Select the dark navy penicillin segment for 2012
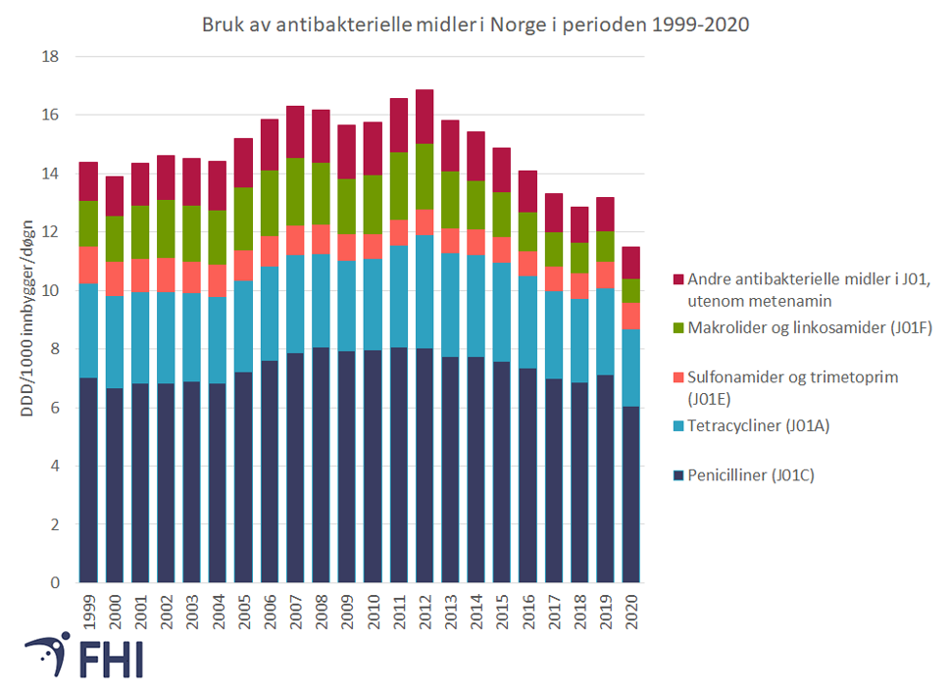[425, 466]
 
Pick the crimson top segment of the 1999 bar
[88, 181]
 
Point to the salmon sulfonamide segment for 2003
[191, 277]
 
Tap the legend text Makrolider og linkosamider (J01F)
[810, 327]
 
